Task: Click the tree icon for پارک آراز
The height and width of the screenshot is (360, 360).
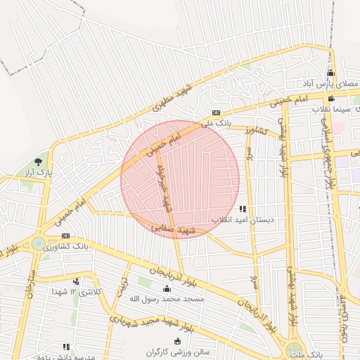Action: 47,162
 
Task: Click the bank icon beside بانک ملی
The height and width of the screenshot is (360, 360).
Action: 216,112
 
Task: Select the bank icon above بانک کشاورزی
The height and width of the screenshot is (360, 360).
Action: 65,236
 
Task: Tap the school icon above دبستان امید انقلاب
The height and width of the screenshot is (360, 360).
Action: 243,209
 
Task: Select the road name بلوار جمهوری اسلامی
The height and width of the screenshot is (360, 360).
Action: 326,153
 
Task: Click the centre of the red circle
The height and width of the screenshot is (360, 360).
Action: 180,180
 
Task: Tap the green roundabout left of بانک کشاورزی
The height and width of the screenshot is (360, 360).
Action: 37,244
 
